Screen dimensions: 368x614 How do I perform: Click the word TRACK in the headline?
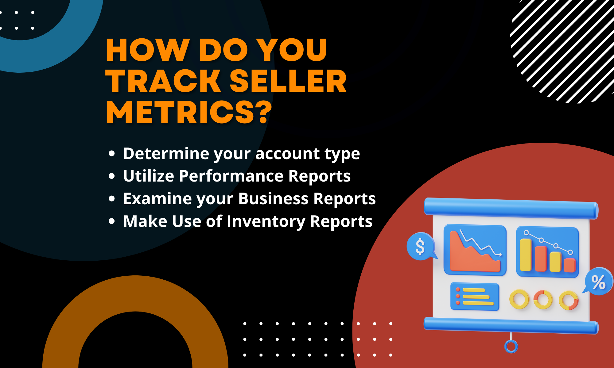(163, 81)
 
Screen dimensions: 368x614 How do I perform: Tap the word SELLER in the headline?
(288, 81)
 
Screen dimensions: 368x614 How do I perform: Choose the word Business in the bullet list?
(273, 199)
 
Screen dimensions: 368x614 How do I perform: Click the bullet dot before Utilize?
(112, 176)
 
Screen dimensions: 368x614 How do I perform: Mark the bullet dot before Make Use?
(112, 221)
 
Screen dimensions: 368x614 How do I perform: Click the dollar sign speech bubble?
(420, 246)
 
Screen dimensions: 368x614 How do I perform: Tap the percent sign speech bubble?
(598, 282)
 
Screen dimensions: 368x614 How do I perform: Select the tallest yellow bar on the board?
(526, 255)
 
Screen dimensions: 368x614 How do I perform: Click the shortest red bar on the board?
(570, 265)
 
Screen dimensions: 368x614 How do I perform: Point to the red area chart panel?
(475, 250)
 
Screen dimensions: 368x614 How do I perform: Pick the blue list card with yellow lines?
(475, 297)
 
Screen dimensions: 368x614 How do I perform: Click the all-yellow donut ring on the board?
(519, 299)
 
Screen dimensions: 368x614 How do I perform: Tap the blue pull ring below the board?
(511, 347)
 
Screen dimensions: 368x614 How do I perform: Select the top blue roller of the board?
(511, 208)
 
